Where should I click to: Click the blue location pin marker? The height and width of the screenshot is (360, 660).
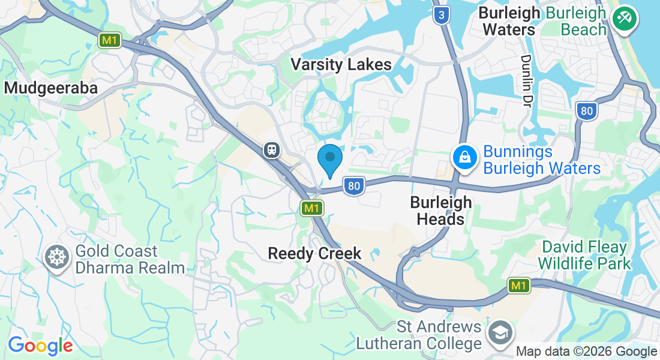pos(329,158)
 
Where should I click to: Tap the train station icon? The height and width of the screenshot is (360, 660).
pos(272,149)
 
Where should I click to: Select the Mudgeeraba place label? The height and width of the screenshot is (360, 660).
pos(51,88)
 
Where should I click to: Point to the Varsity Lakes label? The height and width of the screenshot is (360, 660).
pos(341,65)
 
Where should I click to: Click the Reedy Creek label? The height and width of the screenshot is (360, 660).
pos(314,254)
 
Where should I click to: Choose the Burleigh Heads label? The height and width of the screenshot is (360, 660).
pos(441,211)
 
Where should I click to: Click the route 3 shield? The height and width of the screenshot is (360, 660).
pos(441,16)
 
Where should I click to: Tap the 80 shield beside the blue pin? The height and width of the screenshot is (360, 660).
pos(354,186)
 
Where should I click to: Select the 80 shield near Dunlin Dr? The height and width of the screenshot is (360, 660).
pos(586,110)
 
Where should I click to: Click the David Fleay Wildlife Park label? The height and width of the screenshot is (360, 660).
pos(584,255)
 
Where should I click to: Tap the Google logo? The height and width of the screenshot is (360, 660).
pos(40,346)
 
